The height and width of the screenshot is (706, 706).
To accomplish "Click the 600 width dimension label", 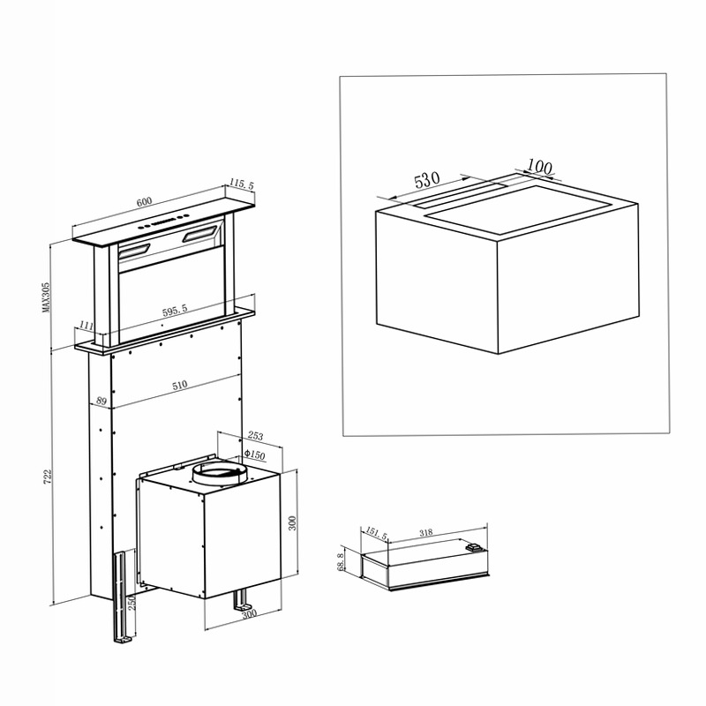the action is [x=144, y=201].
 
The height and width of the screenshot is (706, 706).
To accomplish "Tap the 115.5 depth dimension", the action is [x=242, y=184].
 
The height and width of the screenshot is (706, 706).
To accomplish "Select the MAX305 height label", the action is [x=46, y=297].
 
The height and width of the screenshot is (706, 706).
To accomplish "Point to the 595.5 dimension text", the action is [x=175, y=311].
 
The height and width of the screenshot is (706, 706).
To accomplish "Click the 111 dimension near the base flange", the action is [x=86, y=325].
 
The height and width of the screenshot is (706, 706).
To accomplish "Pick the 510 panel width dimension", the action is [x=179, y=386].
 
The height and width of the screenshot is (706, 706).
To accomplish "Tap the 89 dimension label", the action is [x=101, y=400].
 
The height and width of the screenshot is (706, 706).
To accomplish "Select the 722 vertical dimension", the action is [x=48, y=477].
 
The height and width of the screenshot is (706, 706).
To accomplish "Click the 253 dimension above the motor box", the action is [x=255, y=436].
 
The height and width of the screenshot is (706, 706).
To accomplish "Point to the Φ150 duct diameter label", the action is [x=255, y=454].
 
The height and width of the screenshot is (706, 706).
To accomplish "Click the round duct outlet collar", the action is [x=219, y=475].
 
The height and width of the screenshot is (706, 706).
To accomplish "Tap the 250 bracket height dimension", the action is [x=131, y=602].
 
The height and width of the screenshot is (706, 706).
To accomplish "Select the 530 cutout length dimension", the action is [x=427, y=180].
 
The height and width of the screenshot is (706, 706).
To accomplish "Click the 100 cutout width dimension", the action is [x=539, y=167].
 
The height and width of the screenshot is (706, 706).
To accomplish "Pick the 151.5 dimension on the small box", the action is [x=376, y=534].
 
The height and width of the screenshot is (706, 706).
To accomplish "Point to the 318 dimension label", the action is [x=426, y=533].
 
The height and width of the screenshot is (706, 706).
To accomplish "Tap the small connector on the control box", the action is [x=475, y=547].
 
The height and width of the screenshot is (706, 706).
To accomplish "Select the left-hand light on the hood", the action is [x=134, y=252].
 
